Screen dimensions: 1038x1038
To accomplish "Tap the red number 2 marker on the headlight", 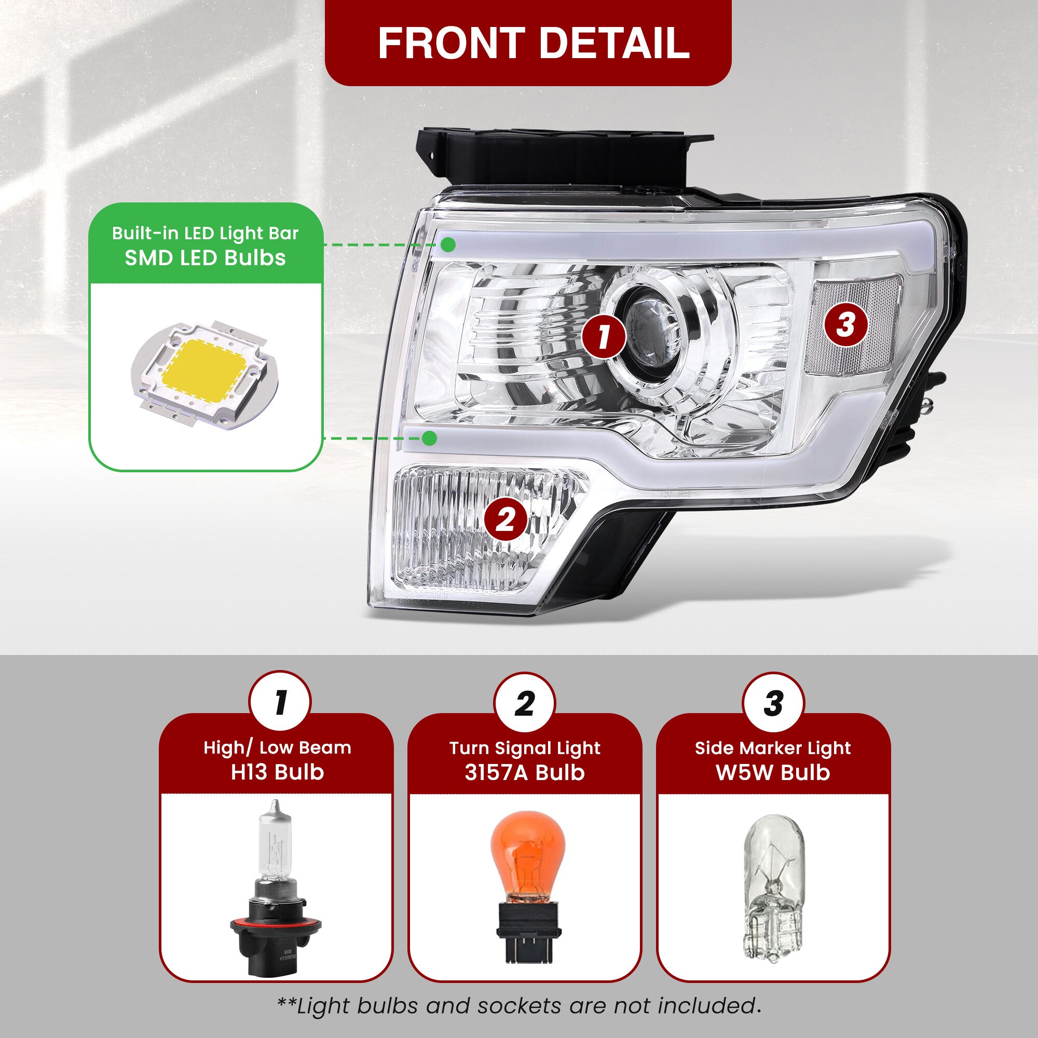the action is click(506, 520).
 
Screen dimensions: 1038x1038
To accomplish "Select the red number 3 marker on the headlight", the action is click(845, 324).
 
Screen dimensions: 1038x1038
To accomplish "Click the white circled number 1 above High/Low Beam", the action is click(280, 703).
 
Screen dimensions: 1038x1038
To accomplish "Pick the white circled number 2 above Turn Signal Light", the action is click(525, 703).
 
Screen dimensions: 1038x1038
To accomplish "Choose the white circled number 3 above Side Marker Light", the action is click(773, 703).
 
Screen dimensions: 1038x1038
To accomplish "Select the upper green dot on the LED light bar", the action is click(447, 245).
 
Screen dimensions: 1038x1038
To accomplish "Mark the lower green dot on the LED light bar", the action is click(429, 438).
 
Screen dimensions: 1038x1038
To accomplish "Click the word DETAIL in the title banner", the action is click(614, 43).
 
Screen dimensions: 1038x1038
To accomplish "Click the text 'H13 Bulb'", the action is click(277, 772).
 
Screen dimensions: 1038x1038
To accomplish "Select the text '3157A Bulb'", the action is click(524, 772).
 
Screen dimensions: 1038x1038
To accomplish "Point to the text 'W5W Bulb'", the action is click(773, 772).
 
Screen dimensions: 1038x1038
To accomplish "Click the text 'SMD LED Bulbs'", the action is click(205, 258).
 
